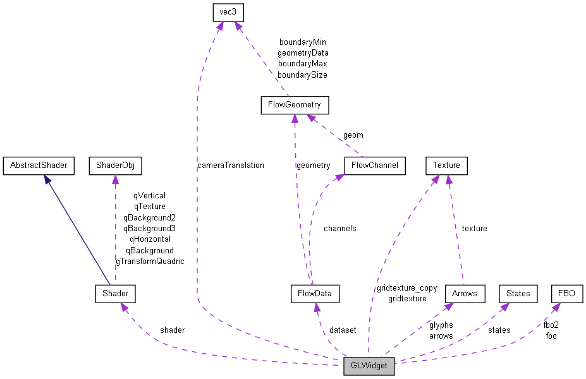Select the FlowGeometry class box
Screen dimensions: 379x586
click(x=295, y=105)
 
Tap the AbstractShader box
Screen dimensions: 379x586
click(x=38, y=166)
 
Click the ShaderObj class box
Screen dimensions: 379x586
click(x=115, y=166)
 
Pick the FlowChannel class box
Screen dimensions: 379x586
click(x=375, y=166)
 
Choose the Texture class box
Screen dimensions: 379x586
click(x=446, y=166)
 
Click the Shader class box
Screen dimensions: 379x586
click(x=115, y=293)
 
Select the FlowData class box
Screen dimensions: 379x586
click(x=315, y=294)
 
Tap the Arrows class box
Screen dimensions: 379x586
click(x=465, y=294)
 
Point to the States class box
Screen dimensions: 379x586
click(x=518, y=294)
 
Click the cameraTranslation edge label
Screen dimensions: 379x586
click(x=231, y=165)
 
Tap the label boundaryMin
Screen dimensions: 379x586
click(x=302, y=42)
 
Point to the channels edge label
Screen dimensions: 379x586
click(x=339, y=228)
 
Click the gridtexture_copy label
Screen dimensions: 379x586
click(x=406, y=287)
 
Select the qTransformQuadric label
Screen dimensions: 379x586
click(x=150, y=261)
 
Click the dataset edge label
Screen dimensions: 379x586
click(x=343, y=330)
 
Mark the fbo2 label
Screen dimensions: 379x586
click(x=551, y=325)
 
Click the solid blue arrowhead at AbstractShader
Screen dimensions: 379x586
click(x=47, y=179)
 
